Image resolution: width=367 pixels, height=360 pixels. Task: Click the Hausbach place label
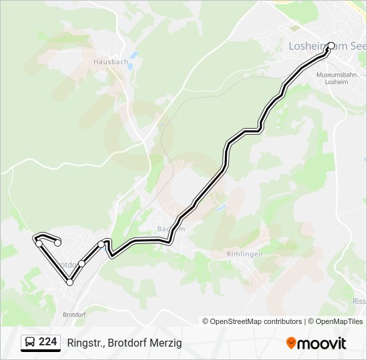coord(111,62)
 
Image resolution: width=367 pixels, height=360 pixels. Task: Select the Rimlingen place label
coord(244,254)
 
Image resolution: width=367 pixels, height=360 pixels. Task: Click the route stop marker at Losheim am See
coord(331,46)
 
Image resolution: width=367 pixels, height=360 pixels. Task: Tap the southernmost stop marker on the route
coord(69,283)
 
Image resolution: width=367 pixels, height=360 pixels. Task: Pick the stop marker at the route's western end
coord(39,243)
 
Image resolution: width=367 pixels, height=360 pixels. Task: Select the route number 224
coord(48,342)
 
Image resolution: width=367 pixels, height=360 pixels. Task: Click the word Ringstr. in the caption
coord(83,343)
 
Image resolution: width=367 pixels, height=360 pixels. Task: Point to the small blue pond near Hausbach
coord(133,56)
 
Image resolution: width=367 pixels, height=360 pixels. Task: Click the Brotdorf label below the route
coord(75,314)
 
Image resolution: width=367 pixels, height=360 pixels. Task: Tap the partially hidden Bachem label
coord(169,228)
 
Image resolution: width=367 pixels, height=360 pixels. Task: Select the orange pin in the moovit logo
coord(291,343)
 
